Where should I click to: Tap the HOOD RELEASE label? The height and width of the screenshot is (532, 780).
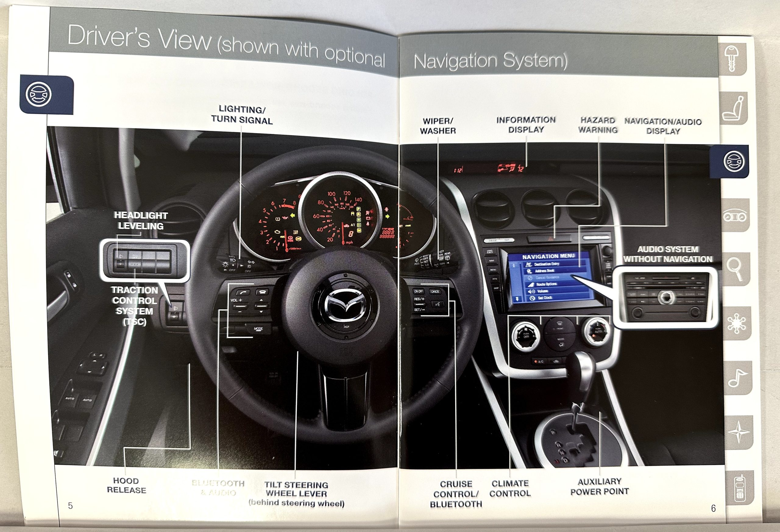tap(126, 485)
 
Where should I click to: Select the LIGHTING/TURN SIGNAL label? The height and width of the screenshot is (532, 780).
tap(242, 115)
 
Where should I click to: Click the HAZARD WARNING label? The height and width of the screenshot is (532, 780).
tap(598, 125)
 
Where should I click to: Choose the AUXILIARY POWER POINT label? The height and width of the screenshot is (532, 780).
tap(599, 486)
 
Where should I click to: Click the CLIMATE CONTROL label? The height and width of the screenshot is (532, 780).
tap(510, 488)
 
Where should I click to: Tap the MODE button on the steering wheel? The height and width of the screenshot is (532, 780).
tap(258, 329)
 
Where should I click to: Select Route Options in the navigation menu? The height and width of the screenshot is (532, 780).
tap(546, 284)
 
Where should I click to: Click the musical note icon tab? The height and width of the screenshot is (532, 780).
tap(737, 377)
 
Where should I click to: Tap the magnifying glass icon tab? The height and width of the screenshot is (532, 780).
tap(735, 269)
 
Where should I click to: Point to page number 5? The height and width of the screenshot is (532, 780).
tap(70, 505)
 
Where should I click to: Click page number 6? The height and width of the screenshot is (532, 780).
tap(713, 508)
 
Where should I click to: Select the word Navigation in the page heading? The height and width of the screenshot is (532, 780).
tap(455, 61)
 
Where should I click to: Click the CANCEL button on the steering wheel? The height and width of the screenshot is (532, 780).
tap(435, 291)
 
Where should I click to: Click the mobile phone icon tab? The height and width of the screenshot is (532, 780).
tap(739, 489)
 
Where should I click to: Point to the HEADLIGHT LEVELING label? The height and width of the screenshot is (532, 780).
tap(141, 220)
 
